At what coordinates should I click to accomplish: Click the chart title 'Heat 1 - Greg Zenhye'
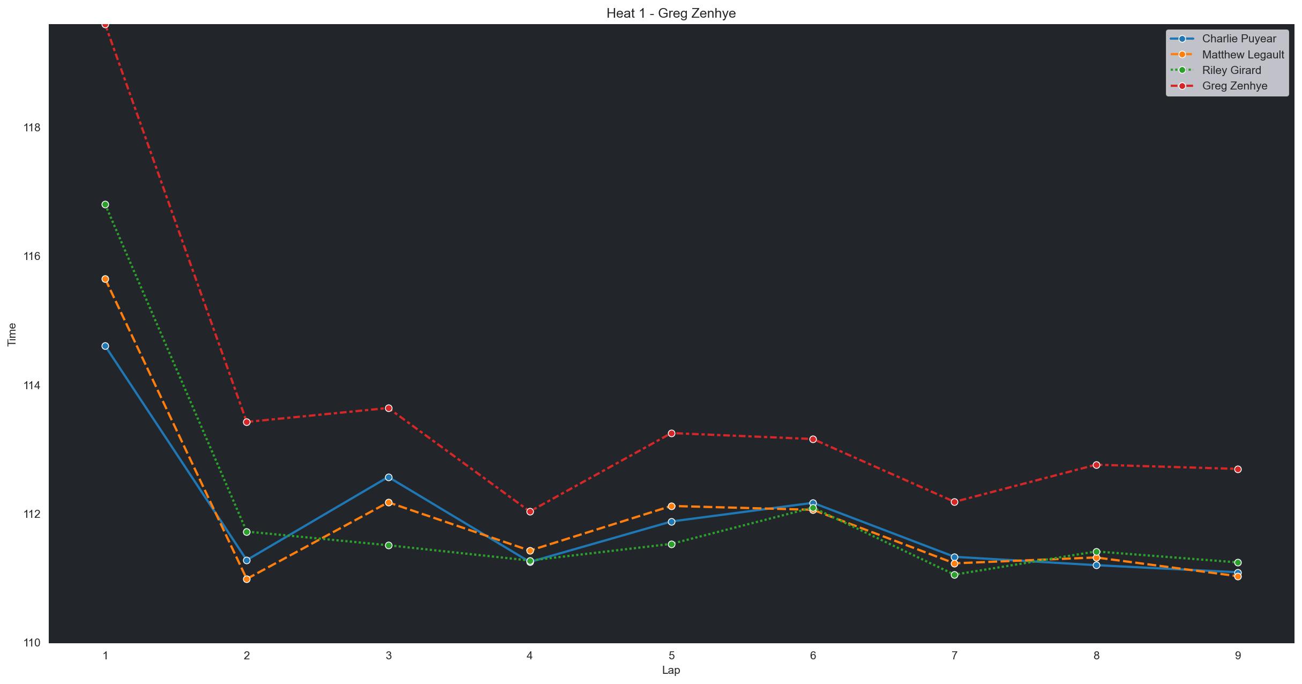[671, 13]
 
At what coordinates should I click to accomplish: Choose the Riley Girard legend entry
[1231, 70]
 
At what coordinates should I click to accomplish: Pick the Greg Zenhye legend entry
[1234, 86]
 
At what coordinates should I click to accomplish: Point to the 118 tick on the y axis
[32, 128]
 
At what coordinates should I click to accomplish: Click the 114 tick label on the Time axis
[32, 385]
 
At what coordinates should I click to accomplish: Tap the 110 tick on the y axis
[32, 643]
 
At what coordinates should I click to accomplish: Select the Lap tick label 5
[671, 656]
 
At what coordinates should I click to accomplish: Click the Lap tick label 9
[1238, 656]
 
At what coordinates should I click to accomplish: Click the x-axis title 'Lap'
[671, 670]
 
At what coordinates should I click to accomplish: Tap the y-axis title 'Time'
[12, 334]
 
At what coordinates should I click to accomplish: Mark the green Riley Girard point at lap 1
[105, 205]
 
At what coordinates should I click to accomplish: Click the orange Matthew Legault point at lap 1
[105, 279]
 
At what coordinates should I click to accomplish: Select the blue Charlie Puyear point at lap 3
[388, 478]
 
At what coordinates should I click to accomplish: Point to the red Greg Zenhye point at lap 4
[530, 512]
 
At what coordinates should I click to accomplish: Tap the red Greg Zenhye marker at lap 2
[247, 422]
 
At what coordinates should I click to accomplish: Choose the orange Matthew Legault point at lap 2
[247, 579]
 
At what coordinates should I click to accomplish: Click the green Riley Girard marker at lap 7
[954, 575]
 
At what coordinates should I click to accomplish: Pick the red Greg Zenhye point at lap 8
[1096, 465]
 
